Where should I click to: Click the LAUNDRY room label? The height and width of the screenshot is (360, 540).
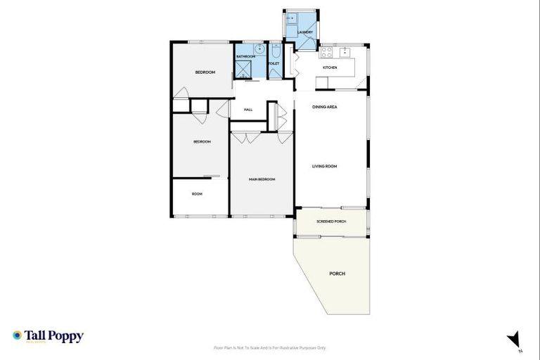(305, 32)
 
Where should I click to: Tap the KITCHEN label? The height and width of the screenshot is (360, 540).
(330, 67)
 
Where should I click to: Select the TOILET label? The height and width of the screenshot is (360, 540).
(274, 64)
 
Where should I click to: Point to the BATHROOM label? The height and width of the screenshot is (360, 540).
(245, 56)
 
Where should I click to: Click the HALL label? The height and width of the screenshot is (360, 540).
(248, 110)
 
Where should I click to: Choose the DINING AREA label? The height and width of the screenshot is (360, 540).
(325, 107)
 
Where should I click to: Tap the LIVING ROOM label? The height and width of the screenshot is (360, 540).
(325, 167)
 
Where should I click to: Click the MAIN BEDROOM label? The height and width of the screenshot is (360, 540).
(262, 179)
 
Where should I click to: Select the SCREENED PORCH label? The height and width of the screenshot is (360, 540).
(330, 221)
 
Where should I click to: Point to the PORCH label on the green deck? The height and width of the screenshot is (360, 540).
(337, 273)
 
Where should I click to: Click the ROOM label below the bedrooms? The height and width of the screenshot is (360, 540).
(197, 193)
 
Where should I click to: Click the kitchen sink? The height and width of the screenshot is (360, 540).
(345, 51)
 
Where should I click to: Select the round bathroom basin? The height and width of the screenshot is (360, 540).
(259, 50)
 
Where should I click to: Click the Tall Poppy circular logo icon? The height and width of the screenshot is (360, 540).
(18, 335)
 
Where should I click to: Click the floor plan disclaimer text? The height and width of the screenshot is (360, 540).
(270, 347)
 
